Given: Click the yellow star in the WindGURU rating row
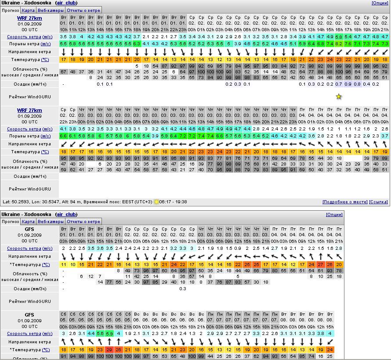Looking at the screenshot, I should [338, 97].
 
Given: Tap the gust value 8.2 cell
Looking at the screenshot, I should [338, 43].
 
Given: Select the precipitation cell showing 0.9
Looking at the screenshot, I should [348, 84].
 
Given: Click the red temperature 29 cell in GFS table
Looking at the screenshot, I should [109, 349].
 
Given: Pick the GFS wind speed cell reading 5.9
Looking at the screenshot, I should [109, 334].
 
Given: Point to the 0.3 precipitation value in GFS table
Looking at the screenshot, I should [183, 288].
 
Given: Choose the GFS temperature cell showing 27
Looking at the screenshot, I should [320, 265].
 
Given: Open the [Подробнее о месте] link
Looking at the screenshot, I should [344, 202].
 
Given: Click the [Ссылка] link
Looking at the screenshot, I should [378, 202].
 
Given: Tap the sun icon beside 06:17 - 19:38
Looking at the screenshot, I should [156, 202].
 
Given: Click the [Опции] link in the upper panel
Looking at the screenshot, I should [380, 3].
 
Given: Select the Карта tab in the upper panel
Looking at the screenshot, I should [28, 10].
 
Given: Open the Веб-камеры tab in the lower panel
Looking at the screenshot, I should [50, 222].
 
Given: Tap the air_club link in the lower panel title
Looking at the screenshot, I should [66, 214].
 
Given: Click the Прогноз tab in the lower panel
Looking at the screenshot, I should [11, 222].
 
